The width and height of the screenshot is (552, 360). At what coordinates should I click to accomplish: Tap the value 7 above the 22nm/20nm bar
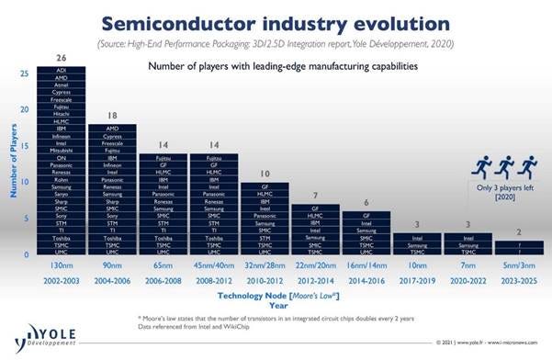click(314, 196)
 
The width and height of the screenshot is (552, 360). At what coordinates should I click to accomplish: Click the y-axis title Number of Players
click(13, 163)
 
